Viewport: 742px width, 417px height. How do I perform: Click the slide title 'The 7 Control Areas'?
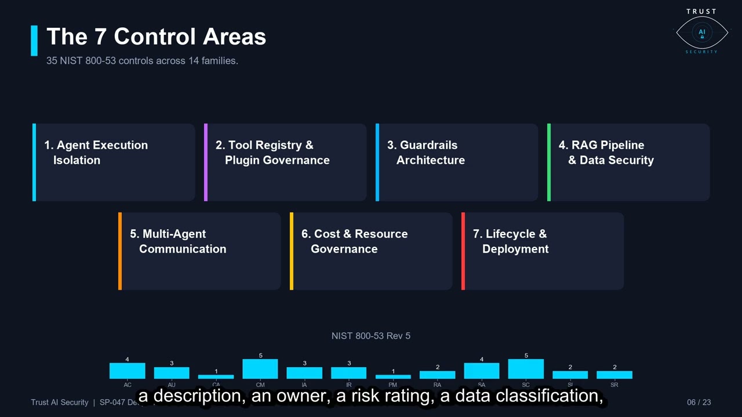pos(156,37)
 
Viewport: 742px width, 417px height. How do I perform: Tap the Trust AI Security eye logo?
pos(701,32)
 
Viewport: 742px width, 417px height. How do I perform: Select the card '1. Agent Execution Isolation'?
pos(114,162)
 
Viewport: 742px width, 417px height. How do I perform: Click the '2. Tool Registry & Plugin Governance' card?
pos(286,162)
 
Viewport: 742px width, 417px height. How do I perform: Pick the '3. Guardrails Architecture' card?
pos(457,162)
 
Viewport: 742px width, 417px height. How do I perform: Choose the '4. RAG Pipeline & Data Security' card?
pos(629,162)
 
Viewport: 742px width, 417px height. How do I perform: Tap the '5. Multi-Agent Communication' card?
pos(200,251)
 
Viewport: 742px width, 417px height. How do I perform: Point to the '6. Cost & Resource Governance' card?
pos(372,251)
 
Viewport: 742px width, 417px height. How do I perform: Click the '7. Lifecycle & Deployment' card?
pos(543,251)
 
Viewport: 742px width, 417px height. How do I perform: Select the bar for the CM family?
pos(260,369)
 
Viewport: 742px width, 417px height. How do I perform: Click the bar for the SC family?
pos(526,369)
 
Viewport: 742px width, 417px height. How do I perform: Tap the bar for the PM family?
pos(393,376)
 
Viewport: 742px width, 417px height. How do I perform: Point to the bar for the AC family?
pos(128,371)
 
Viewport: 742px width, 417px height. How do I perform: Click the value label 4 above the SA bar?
pos(482,360)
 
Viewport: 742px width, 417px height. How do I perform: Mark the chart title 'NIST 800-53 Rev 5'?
pos(371,336)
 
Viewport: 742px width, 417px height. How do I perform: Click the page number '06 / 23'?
pos(699,403)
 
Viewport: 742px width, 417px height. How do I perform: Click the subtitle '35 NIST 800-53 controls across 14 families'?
pos(142,61)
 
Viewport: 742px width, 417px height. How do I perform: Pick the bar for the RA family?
pos(437,375)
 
